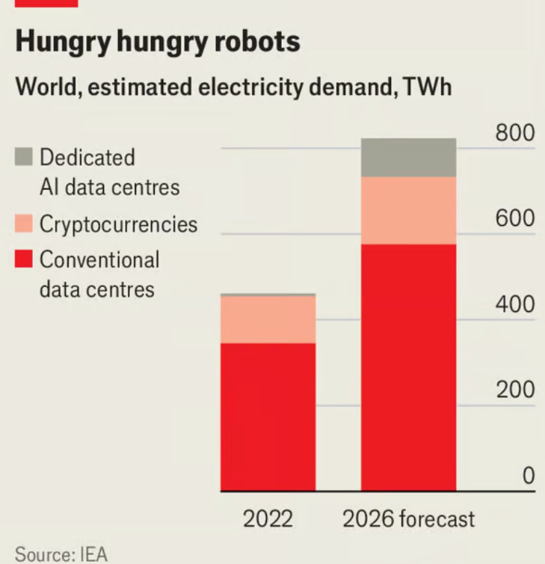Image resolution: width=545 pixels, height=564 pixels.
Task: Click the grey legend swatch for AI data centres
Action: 24,157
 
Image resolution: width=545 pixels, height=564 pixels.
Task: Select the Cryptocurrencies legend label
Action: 118,224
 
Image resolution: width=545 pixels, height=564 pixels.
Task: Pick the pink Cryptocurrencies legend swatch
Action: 24,224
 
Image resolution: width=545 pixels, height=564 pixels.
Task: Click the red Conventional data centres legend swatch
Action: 24,260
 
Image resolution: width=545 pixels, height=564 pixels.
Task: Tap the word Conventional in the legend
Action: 99,260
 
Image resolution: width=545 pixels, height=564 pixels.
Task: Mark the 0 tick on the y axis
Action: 528,476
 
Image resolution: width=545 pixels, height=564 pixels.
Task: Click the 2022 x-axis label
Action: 268,518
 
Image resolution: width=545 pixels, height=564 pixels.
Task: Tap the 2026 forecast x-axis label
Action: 408,518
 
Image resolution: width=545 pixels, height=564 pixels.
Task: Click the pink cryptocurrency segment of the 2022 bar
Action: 268,319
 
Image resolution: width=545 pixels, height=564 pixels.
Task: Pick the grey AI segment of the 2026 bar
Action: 408,157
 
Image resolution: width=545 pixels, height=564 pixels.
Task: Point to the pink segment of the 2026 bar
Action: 408,210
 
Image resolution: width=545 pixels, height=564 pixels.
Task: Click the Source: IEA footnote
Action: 61,554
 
